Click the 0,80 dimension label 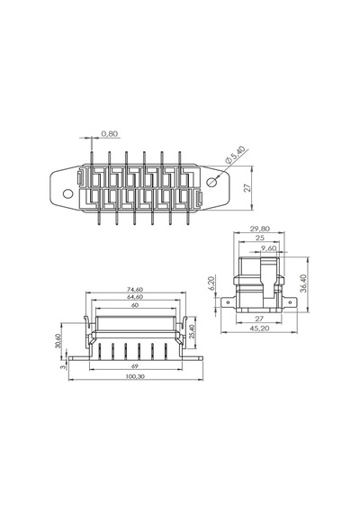109,134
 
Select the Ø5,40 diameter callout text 235,155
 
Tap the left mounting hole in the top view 67,194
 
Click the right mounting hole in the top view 212,182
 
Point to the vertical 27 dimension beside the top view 247,188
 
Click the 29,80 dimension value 259,229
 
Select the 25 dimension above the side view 260,238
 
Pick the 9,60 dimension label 268,248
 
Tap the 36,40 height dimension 302,283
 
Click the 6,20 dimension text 211,283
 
